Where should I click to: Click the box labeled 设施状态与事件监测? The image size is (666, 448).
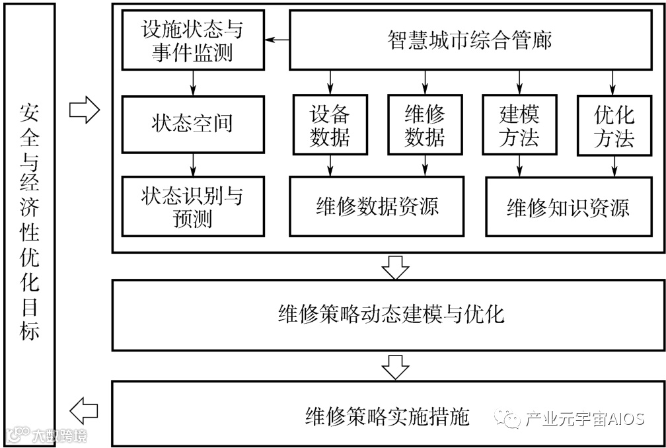(193, 40)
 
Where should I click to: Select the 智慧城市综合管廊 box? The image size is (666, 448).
(470, 40)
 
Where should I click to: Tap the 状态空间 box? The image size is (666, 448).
(193, 124)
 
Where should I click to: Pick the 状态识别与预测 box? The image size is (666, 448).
(193, 206)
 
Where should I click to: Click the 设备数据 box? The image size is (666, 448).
(330, 126)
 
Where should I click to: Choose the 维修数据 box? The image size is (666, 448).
(425, 126)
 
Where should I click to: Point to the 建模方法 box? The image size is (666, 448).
(519, 126)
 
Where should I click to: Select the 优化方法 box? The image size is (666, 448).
(614, 126)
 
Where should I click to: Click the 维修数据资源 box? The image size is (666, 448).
(377, 207)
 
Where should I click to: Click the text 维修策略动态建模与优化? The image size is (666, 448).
(392, 315)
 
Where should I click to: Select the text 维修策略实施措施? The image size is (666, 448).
(387, 417)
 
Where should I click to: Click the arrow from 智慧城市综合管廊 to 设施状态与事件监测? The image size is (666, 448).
(277, 40)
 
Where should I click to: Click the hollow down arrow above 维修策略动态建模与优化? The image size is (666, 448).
(396, 266)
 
